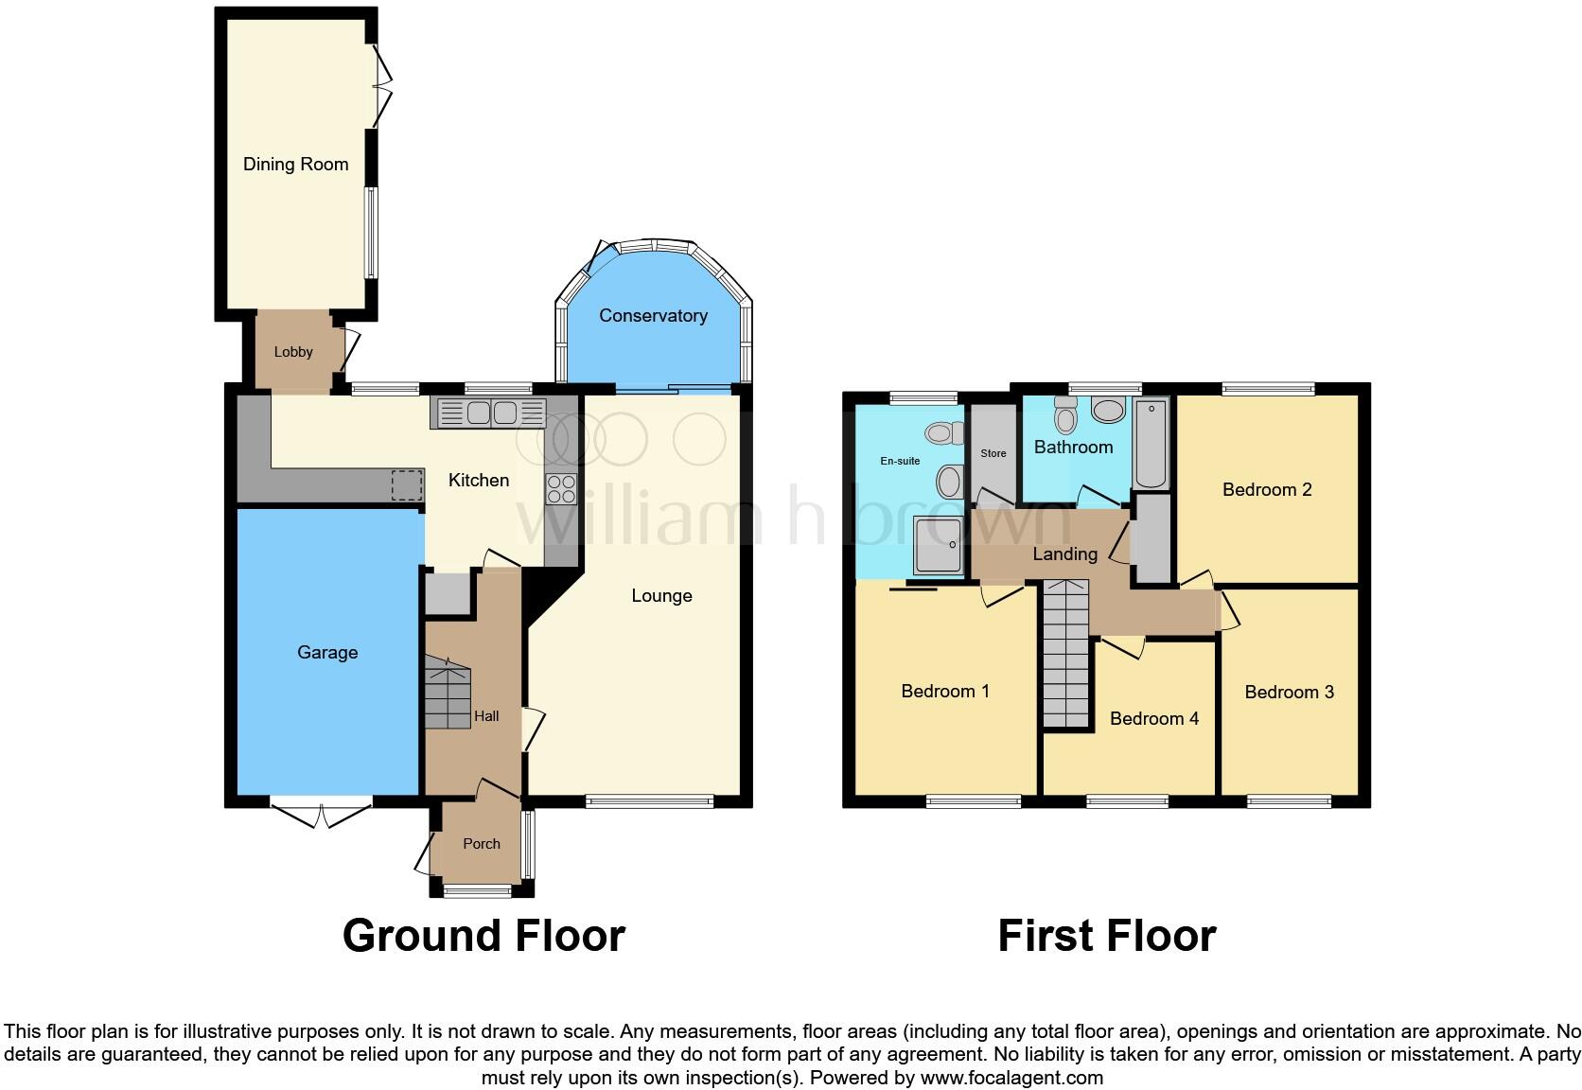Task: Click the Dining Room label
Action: pos(295,164)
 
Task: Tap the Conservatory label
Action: pos(653,315)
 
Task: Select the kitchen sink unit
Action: pos(489,413)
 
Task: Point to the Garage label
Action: pos(327,652)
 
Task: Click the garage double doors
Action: pos(322,813)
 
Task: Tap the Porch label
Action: pos(481,843)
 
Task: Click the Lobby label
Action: pos(293,351)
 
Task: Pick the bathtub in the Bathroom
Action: pos(1151,443)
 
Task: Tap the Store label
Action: pos(993,453)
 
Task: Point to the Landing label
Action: pos(1064,554)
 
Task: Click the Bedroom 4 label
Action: pos(1153,718)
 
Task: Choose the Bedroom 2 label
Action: pos(1266,489)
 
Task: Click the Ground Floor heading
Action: pos(483,935)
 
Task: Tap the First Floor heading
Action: pos(1106,935)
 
